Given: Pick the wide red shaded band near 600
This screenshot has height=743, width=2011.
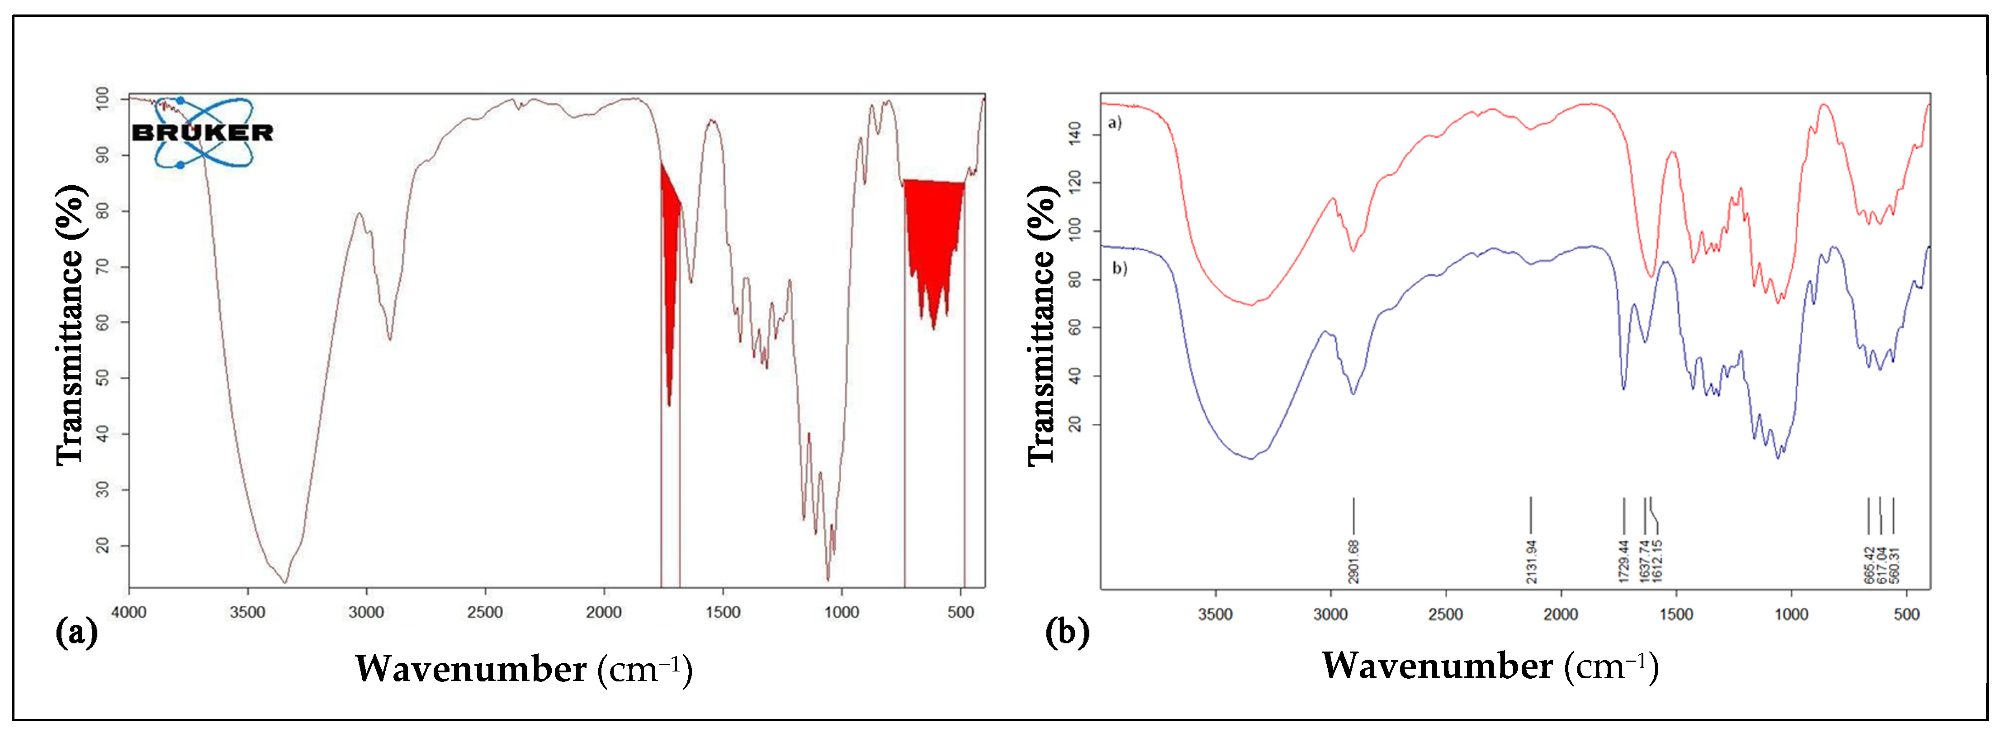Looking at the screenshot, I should (x=934, y=235).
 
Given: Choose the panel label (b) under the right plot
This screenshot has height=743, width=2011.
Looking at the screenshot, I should (x=1067, y=631).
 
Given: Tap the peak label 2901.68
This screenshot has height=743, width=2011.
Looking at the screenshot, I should (x=1353, y=561).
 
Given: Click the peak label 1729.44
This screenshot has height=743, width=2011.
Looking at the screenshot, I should (x=1624, y=561).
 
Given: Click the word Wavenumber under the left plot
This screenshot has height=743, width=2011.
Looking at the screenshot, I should (x=471, y=669).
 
